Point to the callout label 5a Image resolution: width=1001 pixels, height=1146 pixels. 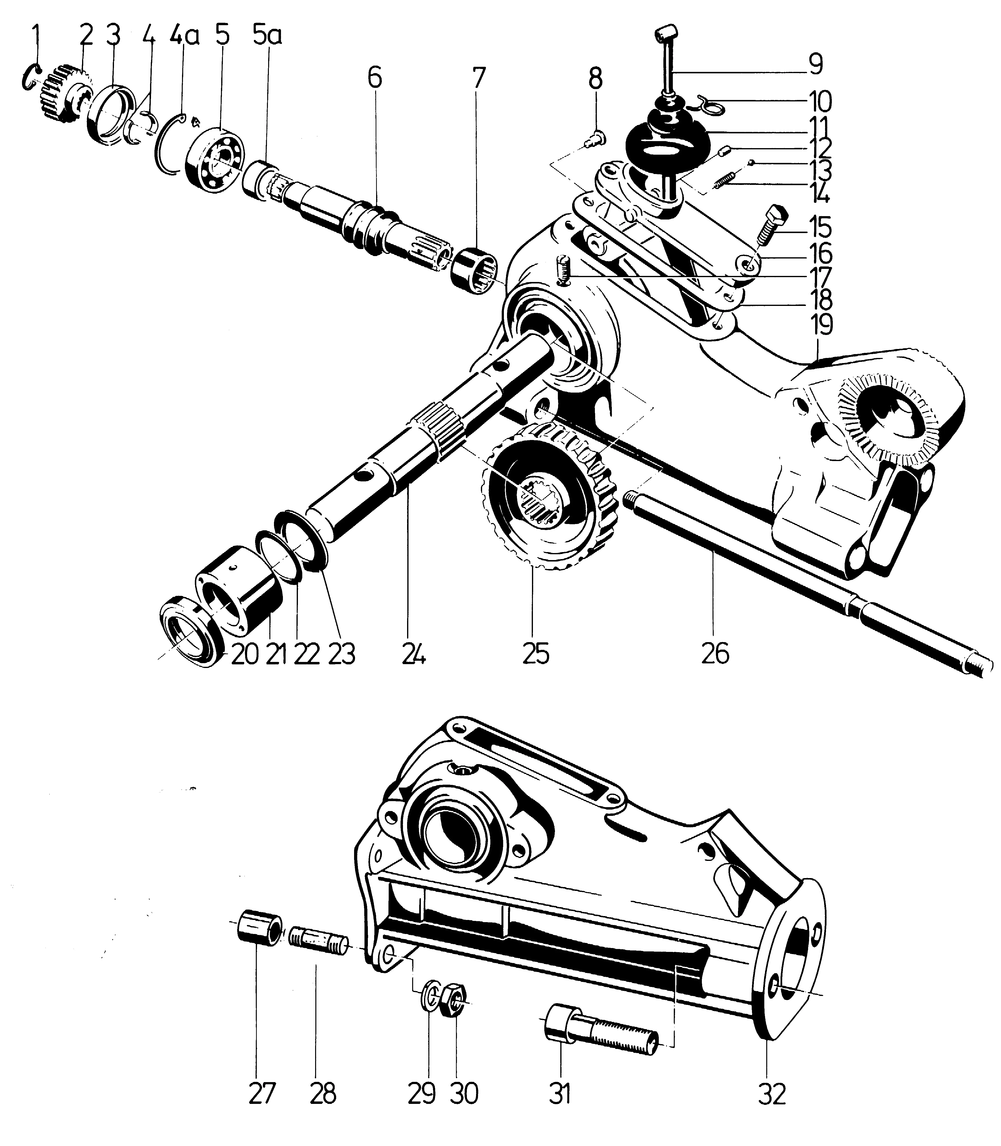267,37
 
